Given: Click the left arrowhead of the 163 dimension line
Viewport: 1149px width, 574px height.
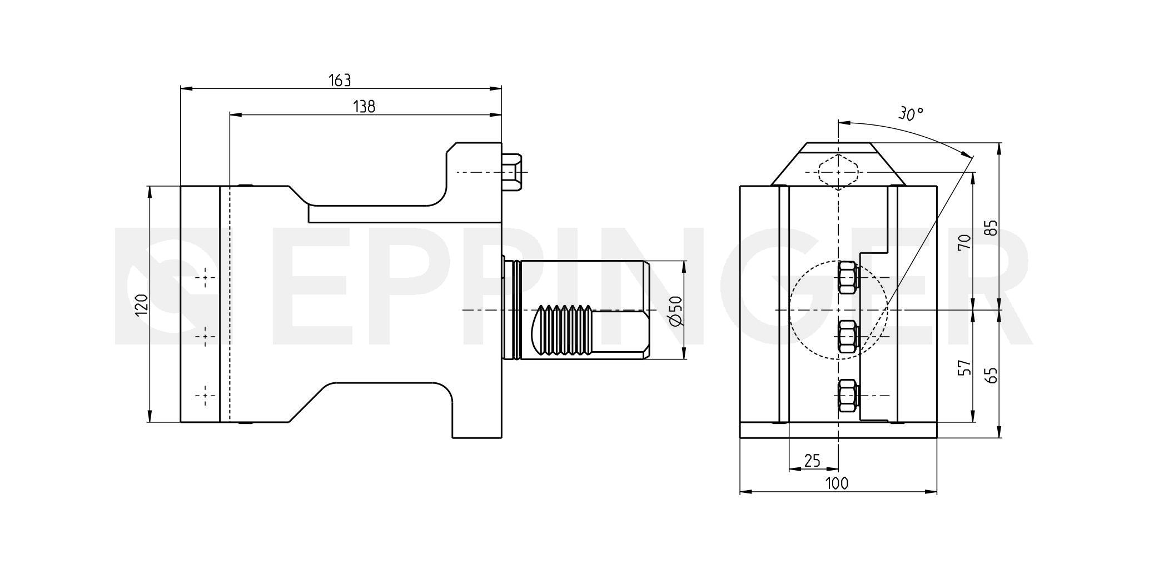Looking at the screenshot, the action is (186, 88).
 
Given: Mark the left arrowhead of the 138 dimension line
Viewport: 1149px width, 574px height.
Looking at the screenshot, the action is (236, 115).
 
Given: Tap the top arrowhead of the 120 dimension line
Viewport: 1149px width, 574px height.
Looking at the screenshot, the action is (149, 192).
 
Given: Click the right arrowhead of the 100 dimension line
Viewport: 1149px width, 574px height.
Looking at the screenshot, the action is (931, 492).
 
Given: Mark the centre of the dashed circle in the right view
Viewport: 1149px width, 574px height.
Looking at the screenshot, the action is (838, 310).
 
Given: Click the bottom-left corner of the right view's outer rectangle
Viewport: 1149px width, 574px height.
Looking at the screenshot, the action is (740, 438).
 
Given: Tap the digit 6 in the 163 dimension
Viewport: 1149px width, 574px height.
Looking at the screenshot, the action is (340, 81).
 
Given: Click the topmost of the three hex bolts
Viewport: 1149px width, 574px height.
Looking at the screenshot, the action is (847, 277).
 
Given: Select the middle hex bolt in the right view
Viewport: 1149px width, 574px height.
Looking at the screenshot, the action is (847, 336).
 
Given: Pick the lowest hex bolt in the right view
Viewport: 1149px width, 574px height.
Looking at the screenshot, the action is (847, 395).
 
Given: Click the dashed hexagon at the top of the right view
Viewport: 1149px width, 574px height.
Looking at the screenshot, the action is (838, 172).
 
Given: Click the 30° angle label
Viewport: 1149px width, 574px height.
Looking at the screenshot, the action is (911, 114).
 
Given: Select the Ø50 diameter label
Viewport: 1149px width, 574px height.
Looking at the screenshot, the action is (675, 311).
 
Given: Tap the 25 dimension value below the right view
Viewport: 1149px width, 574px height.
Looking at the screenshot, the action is (813, 461).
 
